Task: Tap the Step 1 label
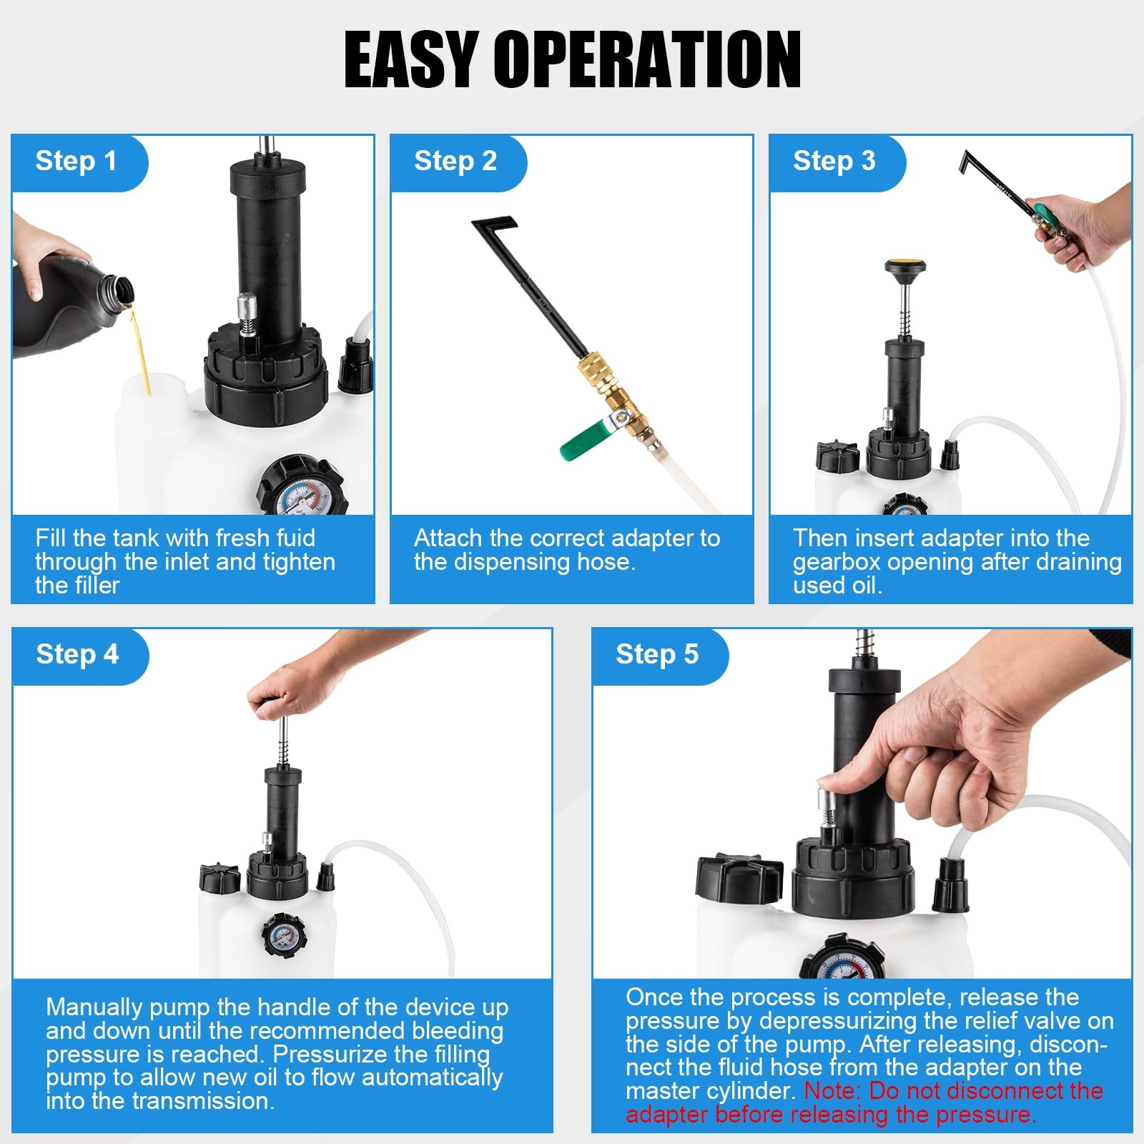pyautogui.click(x=76, y=161)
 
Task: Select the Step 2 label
pyautogui.click(x=455, y=161)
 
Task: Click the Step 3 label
pyautogui.click(x=834, y=161)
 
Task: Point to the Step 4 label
pyautogui.click(x=77, y=654)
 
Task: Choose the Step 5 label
pyautogui.click(x=657, y=654)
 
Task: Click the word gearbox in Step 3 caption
pyautogui.click(x=836, y=562)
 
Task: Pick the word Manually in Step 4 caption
pyautogui.click(x=94, y=1007)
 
